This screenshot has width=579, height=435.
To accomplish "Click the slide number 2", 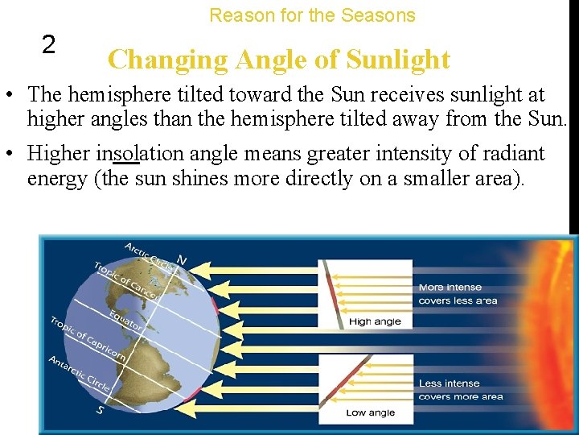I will point(48,45).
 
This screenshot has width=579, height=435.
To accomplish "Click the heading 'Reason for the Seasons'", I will point(312,15).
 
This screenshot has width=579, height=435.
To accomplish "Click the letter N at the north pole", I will point(182,259).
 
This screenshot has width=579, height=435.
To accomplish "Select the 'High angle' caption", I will point(374,321).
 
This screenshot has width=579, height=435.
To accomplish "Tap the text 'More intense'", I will point(450,288).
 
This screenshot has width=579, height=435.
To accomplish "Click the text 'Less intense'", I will point(449,383).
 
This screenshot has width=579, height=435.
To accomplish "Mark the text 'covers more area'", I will point(460,396).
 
